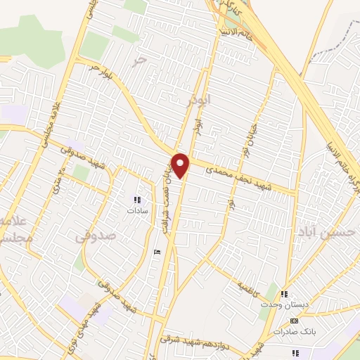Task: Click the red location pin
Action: click(181, 165)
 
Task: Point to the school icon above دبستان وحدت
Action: click(284, 295)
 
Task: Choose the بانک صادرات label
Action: click(291, 330)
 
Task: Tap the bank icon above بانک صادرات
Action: click(293, 321)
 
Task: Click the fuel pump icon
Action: click(157, 251)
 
